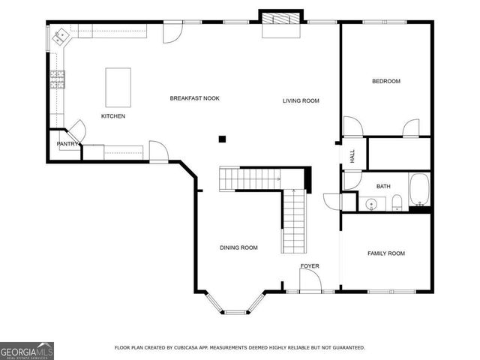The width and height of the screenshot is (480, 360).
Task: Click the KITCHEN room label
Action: click(x=113, y=116)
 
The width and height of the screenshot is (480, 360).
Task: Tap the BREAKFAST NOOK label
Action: click(x=194, y=98)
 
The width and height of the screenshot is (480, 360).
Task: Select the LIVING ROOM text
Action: click(x=301, y=100)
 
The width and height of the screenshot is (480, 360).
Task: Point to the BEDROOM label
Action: click(x=386, y=81)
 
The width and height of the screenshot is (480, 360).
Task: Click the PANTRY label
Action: click(x=67, y=144)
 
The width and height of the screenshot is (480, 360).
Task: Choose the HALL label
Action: click(x=352, y=156)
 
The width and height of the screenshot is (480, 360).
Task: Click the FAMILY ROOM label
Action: click(x=385, y=253)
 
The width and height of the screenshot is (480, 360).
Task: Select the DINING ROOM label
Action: click(x=238, y=247)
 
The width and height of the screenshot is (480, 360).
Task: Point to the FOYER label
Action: click(x=310, y=266)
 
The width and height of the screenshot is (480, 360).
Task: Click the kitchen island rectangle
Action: click(x=118, y=87)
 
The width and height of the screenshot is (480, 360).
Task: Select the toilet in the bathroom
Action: click(x=397, y=201)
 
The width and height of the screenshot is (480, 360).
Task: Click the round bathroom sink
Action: click(x=370, y=203)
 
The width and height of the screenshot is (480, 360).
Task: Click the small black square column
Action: click(x=222, y=138)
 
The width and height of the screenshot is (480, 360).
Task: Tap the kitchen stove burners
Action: click(x=57, y=78)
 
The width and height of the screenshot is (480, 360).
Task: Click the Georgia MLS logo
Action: click(x=27, y=349)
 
